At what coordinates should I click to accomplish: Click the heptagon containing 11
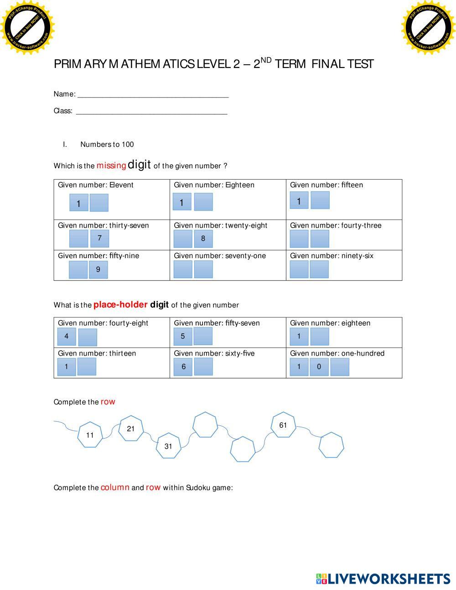click(x=90, y=435)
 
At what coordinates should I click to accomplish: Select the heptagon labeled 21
click(x=131, y=429)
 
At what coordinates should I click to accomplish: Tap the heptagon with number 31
click(x=169, y=446)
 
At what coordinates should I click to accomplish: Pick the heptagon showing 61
click(x=283, y=425)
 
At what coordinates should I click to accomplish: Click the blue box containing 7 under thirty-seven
click(x=99, y=238)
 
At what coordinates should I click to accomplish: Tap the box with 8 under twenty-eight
click(x=203, y=238)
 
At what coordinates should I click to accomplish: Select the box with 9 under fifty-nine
click(x=98, y=269)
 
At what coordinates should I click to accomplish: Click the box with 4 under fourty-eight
click(x=67, y=336)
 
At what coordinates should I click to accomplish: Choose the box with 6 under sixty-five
click(x=183, y=367)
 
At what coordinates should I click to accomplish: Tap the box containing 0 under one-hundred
click(x=319, y=367)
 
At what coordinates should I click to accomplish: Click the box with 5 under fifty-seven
click(x=183, y=336)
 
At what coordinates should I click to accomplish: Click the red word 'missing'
click(x=111, y=166)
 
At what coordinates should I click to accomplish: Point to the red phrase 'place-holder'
click(x=120, y=305)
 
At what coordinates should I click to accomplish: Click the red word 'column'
click(x=115, y=487)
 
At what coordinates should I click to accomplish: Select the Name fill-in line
click(x=153, y=95)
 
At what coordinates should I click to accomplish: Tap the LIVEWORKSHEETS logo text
click(x=388, y=579)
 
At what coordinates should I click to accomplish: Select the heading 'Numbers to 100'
click(x=107, y=145)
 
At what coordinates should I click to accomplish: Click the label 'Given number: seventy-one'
click(x=220, y=256)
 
